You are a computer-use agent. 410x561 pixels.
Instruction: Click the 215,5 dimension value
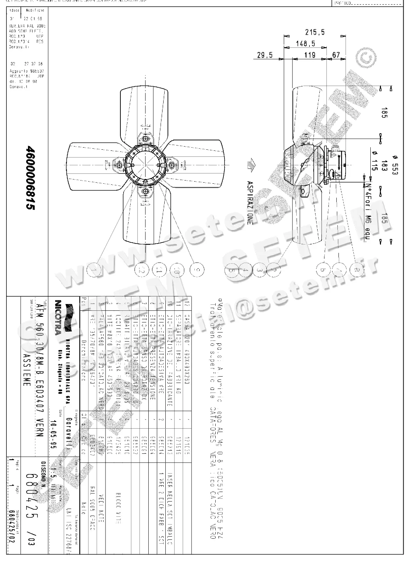point(315,32)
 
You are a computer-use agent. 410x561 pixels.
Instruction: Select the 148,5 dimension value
point(306,43)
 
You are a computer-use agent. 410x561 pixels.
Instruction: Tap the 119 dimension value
point(310,55)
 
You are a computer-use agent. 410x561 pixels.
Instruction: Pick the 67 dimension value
point(336,55)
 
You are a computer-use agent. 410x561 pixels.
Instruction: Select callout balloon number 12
point(142,270)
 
